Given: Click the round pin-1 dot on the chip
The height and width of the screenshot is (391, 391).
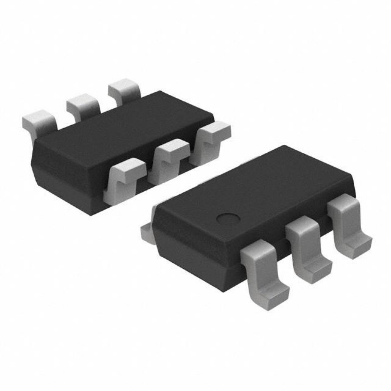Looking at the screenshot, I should coord(226,218).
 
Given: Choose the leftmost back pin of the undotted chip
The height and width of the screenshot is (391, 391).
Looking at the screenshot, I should coord(40,120).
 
